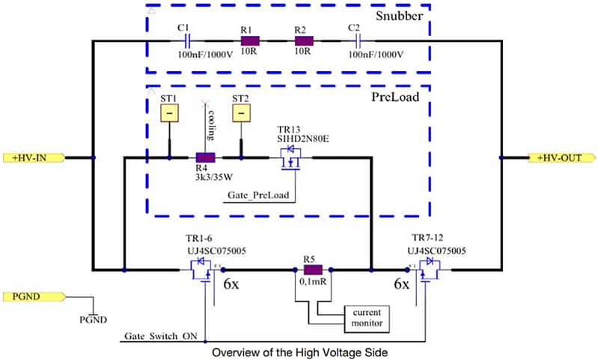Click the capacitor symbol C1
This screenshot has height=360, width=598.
pyautogui.click(x=188, y=40)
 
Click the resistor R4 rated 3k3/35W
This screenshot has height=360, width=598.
pyautogui.click(x=205, y=158)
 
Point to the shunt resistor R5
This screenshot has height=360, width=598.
pyautogui.click(x=312, y=269)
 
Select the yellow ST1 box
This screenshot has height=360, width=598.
pyautogui.click(x=170, y=113)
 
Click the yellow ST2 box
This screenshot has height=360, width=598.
pyautogui.click(x=241, y=113)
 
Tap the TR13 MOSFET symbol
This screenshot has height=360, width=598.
pyautogui.click(x=291, y=159)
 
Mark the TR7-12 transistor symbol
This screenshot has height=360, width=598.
pyautogui.click(x=427, y=271)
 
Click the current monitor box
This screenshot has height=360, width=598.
pyautogui.click(x=364, y=317)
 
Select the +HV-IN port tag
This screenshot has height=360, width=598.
pyautogui.click(x=34, y=158)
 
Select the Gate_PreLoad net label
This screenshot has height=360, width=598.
pyautogui.click(x=259, y=196)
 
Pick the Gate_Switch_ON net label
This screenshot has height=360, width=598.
pyautogui.click(x=161, y=338)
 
